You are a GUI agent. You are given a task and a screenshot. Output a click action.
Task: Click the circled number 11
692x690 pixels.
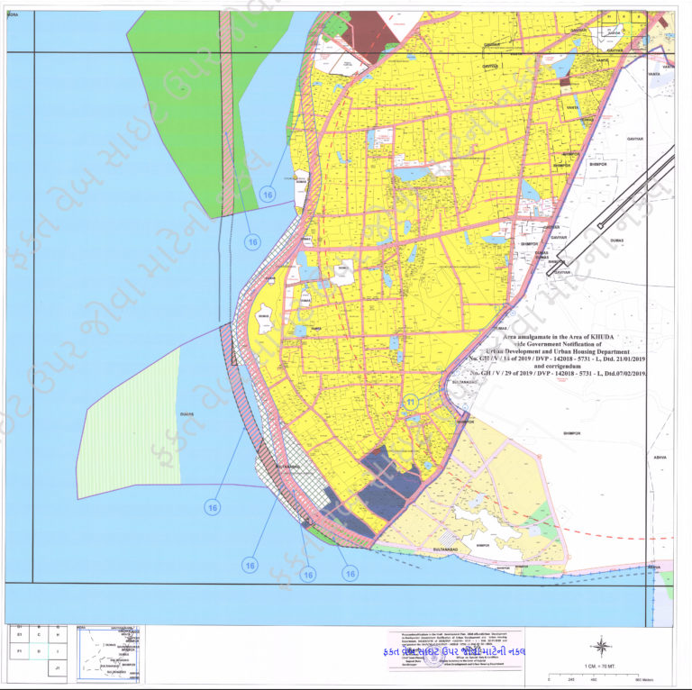point(411,403)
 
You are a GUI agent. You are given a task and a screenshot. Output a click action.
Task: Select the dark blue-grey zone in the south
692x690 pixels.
point(387,482)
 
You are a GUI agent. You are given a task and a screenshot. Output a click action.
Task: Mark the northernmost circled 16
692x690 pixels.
point(267,194)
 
